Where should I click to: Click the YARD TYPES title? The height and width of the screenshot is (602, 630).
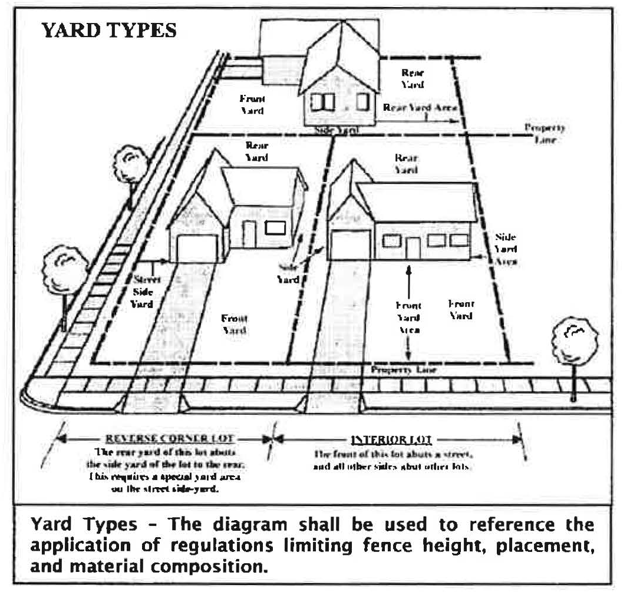coord(109,31)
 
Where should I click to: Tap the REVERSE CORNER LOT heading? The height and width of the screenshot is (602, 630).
coord(169,439)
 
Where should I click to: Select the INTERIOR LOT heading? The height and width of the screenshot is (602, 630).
coord(392,439)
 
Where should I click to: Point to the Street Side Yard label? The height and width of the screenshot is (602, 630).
coord(143,292)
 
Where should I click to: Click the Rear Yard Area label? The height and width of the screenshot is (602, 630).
coord(420,108)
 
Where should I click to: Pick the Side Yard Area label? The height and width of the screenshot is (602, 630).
coord(506,249)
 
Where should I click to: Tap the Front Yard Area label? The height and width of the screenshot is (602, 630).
coord(408,317)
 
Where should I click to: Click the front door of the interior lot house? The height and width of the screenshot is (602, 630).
coord(413,248)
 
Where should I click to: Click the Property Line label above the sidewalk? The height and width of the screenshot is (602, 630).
coord(403,371)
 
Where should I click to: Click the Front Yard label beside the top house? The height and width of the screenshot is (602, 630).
coord(252,104)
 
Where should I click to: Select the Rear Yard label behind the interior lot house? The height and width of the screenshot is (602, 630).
coord(405,164)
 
